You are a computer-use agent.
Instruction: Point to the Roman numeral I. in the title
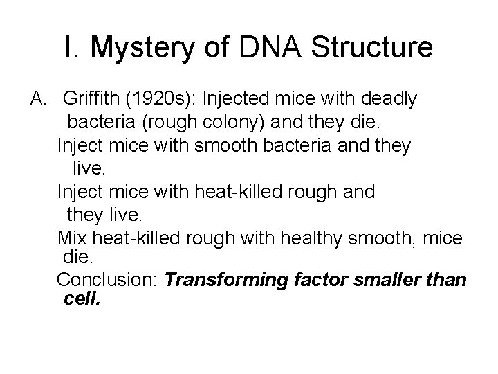(71, 48)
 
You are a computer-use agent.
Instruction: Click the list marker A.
(39, 100)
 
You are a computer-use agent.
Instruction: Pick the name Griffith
(92, 100)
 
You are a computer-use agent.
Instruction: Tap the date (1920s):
(158, 100)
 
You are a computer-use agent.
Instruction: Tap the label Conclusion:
(109, 280)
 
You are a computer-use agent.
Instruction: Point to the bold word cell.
(82, 299)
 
